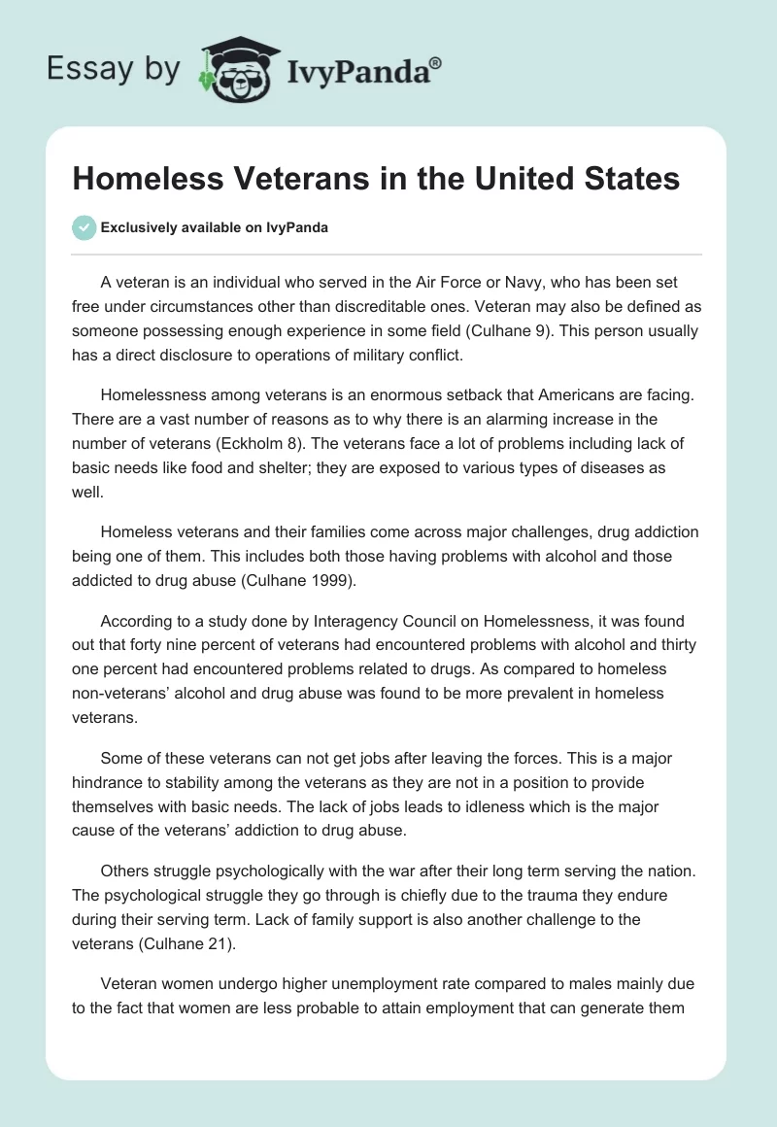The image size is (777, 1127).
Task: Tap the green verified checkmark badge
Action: [x=84, y=227]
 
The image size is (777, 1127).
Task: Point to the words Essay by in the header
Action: [x=114, y=69]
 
